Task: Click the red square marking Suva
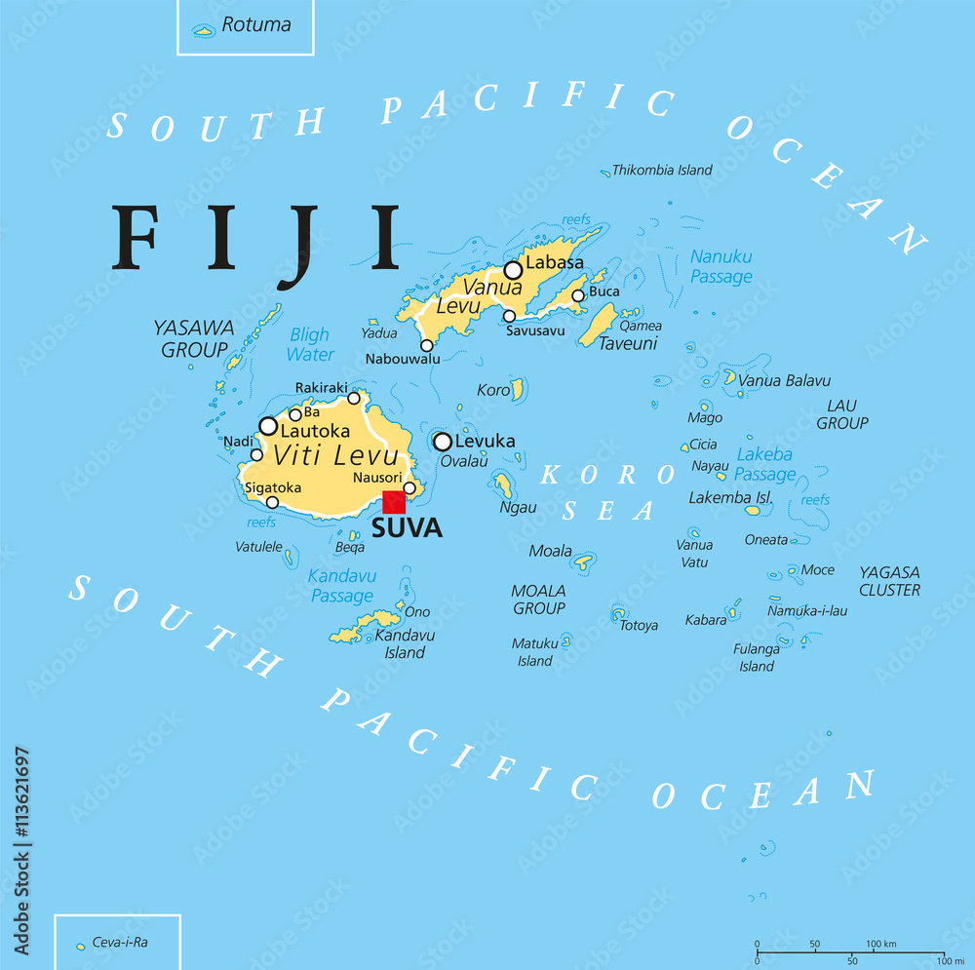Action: (393, 502)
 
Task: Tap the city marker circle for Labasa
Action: (513, 270)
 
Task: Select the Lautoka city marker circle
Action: (268, 426)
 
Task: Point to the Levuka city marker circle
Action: (443, 442)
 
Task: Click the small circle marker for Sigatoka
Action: (272, 503)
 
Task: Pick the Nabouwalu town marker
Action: (426, 345)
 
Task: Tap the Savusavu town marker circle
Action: (509, 316)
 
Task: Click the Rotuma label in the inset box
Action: (255, 25)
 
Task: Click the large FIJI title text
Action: (257, 240)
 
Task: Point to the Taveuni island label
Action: (628, 343)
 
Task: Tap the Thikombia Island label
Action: (662, 170)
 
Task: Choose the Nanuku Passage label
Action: (721, 266)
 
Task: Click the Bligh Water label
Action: (310, 344)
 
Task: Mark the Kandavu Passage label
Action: (341, 586)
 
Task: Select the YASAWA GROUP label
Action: (193, 338)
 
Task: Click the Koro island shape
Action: (519, 389)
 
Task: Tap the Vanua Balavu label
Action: (784, 380)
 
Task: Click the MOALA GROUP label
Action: (538, 600)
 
